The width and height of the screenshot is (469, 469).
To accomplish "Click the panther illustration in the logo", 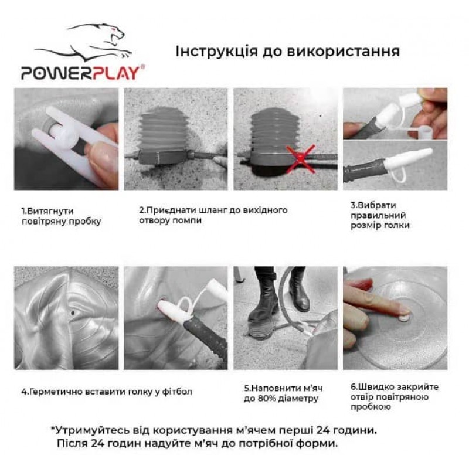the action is click(x=84, y=42).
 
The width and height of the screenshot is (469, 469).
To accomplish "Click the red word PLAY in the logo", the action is click(x=117, y=73).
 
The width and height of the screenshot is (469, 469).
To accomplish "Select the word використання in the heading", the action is click(x=343, y=51).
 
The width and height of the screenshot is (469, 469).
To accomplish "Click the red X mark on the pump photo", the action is click(x=301, y=158).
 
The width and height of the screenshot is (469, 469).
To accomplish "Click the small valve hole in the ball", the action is click(x=73, y=313).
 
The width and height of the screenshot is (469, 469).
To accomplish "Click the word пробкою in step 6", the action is click(x=371, y=407).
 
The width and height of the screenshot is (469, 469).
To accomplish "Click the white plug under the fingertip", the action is click(x=404, y=318).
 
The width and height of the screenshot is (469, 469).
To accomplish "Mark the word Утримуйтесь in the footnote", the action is click(x=91, y=431).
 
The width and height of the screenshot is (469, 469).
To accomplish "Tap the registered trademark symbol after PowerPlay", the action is click(x=142, y=67).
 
